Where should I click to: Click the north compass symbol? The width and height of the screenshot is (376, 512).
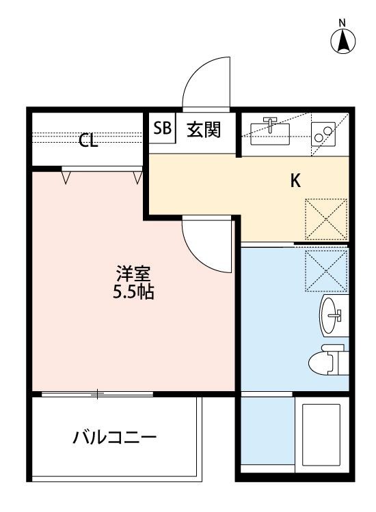344,43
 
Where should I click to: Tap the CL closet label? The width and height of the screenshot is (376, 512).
88,141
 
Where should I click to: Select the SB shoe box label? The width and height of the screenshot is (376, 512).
163,130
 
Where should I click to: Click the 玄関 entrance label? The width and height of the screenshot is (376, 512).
204,130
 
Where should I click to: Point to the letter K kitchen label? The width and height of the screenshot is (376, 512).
296,181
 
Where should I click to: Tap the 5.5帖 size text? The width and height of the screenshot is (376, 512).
133,294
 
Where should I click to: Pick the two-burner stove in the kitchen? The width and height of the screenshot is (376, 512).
321,132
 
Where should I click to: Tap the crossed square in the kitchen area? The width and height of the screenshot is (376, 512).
326,218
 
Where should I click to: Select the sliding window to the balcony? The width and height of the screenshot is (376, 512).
97,394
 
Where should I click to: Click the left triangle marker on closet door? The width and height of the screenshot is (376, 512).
66,177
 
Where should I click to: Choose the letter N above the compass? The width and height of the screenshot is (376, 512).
344,23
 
